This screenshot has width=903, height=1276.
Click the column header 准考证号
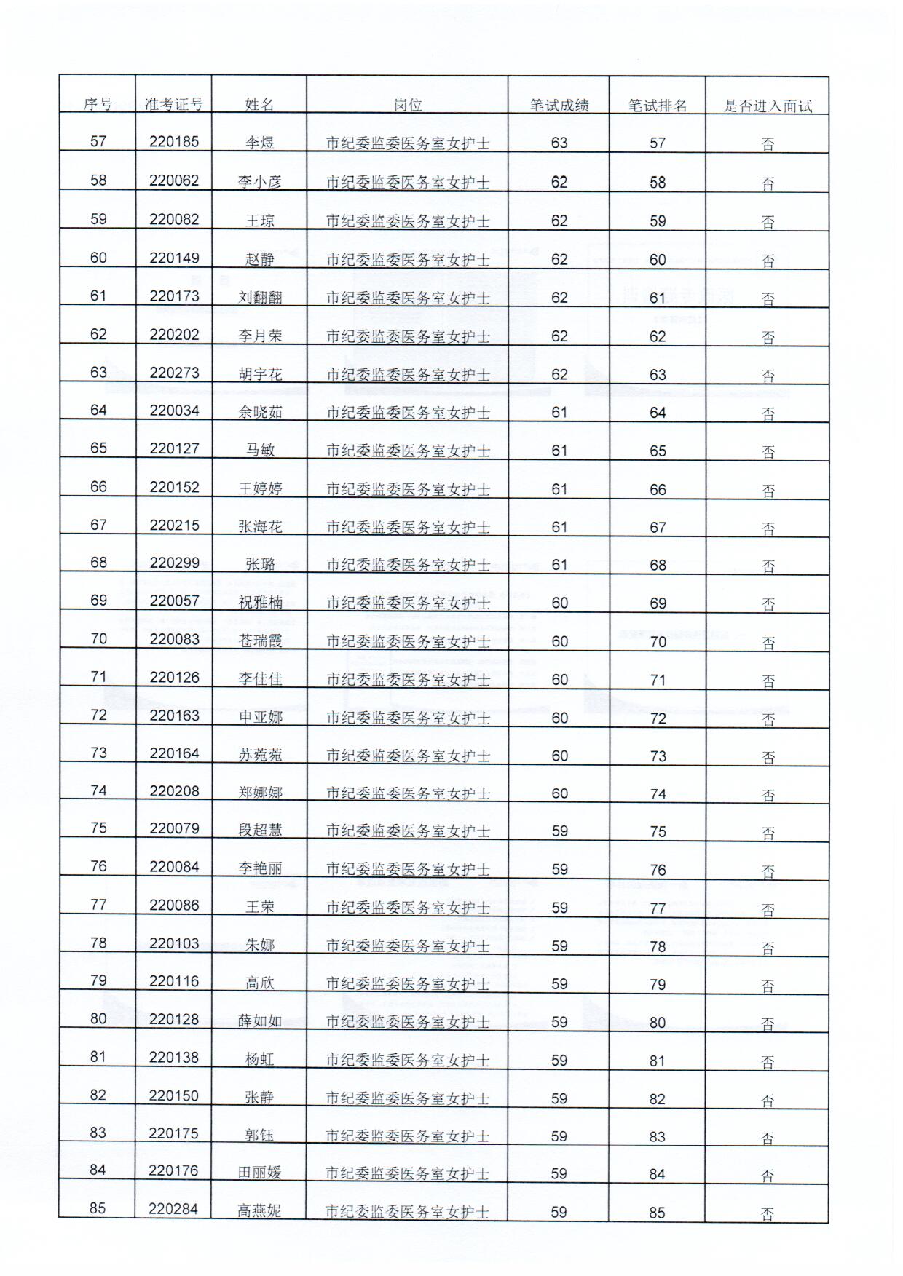pos(173,105)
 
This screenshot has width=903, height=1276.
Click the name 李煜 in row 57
pos(260,143)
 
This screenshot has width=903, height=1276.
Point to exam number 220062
pos(174,181)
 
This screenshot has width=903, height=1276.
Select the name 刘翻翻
pos(260,298)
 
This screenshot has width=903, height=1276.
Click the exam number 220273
pos(174,373)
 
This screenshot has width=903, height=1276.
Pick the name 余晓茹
pos(260,412)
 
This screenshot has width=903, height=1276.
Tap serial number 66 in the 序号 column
pos(98,486)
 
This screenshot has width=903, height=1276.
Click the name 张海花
pos(260,526)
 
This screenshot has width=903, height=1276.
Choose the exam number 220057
pos(174,601)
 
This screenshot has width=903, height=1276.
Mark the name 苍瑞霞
pos(260,641)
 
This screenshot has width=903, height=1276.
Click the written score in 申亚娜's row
pos(559,718)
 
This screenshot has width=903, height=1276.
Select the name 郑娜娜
pos(260,792)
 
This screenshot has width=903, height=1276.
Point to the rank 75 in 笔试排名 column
pos(658,831)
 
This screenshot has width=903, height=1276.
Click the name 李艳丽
pos(260,868)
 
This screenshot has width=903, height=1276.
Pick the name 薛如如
pos(260,1021)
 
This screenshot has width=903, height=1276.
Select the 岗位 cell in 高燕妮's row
pos(407,1212)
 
